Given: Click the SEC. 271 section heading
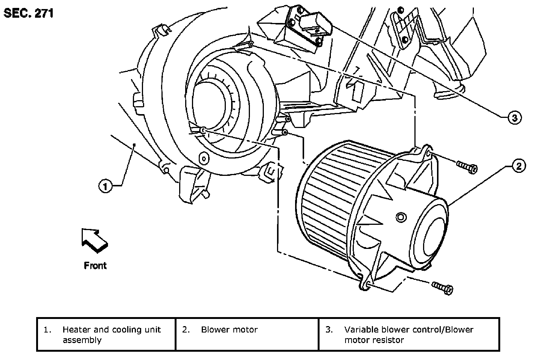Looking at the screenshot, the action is point(29,13).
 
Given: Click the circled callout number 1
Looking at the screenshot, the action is point(105,186).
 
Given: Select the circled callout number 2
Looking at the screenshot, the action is point(519,166).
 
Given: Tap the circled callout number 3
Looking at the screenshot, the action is point(515,118).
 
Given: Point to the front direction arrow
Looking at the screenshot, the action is point(94,240).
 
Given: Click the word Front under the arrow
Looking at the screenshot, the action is point(95,265).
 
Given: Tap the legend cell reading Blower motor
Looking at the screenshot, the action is point(247,334).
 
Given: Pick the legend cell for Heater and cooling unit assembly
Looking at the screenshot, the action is point(106,334).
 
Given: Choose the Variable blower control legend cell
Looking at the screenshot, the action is point(409,334).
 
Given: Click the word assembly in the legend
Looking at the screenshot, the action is point(82,340).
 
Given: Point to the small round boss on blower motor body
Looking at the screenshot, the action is point(401,217).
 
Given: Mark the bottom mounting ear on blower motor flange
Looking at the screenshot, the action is point(365,283).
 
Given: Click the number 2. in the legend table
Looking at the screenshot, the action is point(186,329).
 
